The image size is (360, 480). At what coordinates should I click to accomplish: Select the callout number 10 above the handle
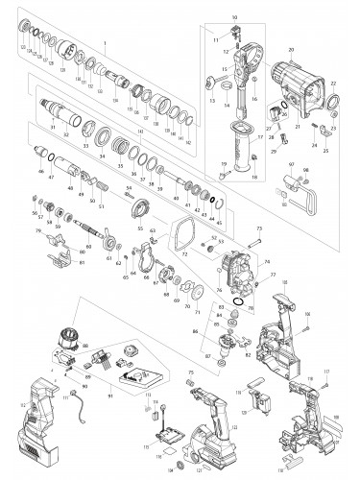(x=233, y=18)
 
